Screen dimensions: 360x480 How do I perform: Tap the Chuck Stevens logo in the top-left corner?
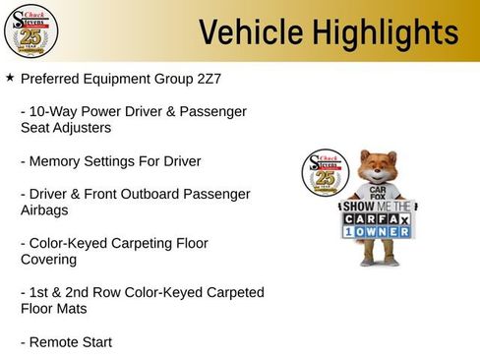31,30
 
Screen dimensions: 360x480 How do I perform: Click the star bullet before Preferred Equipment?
10,76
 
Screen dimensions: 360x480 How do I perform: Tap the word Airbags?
46,210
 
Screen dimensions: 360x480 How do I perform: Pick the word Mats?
77,309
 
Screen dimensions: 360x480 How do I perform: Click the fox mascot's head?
377,167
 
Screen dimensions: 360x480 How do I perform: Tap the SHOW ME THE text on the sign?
378,208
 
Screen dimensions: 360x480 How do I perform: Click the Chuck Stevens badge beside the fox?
325,174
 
